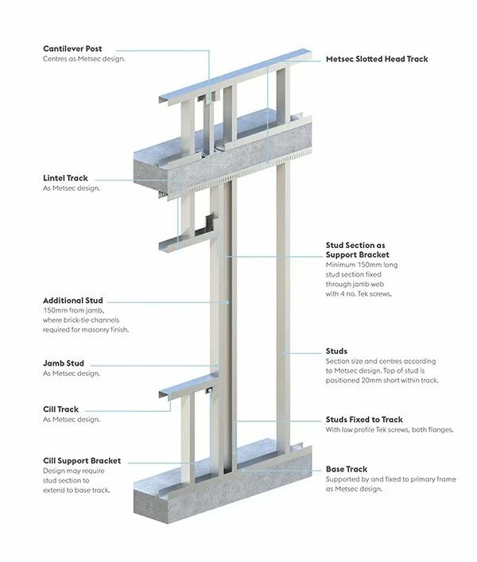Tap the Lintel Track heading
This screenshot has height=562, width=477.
pyautogui.click(x=65, y=178)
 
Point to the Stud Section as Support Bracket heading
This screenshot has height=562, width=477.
pyautogui.click(x=357, y=250)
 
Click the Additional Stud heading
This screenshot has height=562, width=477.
pyautogui.click(x=73, y=300)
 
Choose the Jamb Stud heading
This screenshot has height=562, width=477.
pyautogui.click(x=64, y=363)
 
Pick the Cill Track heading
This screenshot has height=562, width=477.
pyautogui.click(x=61, y=409)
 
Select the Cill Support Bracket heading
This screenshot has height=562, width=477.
pyautogui.click(x=82, y=460)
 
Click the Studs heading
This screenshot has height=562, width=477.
pyautogui.click(x=336, y=351)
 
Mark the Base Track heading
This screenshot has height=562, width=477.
pyautogui.click(x=347, y=469)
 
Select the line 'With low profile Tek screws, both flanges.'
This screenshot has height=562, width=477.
pyautogui.click(x=389, y=430)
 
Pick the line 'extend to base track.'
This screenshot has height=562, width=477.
pyautogui.click(x=76, y=490)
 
